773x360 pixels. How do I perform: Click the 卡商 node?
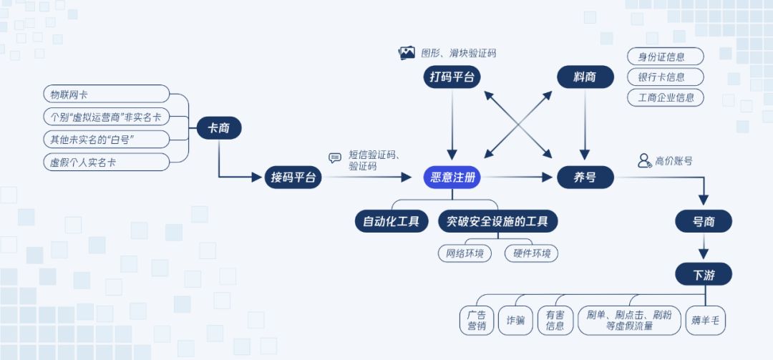[219, 129]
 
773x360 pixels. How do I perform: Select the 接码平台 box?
[293, 177]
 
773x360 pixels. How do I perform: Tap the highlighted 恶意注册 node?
[452, 177]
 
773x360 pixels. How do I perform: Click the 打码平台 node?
[452, 77]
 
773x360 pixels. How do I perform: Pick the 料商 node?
[585, 77]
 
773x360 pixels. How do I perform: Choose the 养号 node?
[585, 177]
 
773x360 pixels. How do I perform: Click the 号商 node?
[704, 222]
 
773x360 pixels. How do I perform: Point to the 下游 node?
[704, 274]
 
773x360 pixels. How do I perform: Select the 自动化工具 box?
[392, 222]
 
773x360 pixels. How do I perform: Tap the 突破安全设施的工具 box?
[497, 222]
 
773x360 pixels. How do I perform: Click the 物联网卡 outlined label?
[106, 94]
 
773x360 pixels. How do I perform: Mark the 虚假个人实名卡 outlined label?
[106, 162]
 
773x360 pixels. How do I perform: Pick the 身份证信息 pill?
[666, 57]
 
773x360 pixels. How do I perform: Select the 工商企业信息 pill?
[666, 97]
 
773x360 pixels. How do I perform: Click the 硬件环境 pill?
[531, 253]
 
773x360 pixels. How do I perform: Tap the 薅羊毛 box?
[706, 321]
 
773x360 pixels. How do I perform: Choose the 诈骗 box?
[515, 321]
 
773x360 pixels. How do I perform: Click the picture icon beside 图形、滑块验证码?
[407, 52]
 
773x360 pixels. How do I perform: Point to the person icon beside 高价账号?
[644, 161]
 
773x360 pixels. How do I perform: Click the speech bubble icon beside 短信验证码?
[335, 158]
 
